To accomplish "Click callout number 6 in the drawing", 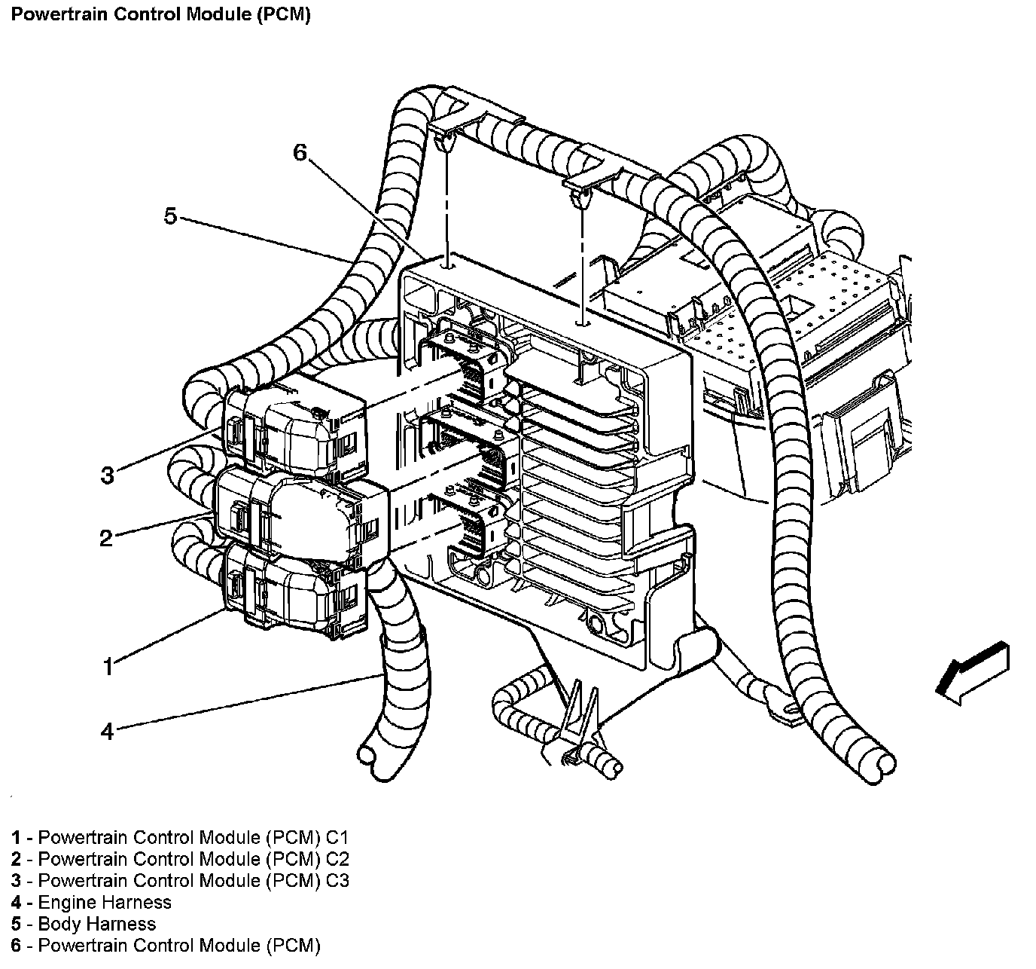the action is pos(300,152).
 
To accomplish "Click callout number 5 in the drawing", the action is pos(170,216).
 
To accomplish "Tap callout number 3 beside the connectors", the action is pos(108,475).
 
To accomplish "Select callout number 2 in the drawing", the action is pos(106,538).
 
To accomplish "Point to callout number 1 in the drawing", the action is pos(108,667).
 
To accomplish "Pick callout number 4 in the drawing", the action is pos(107,732).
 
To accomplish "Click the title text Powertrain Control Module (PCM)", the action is pos(160,14).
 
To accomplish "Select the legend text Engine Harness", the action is pos(105,902).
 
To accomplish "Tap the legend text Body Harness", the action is pos(97,924).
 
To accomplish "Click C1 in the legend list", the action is pos(337,837).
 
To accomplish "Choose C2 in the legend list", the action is pos(337,858).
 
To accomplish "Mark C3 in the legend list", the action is pos(337,880).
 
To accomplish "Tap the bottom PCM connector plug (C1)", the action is pos(294,592).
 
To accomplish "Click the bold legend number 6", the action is pos(16,945).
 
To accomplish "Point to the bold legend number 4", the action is pos(16,902).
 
